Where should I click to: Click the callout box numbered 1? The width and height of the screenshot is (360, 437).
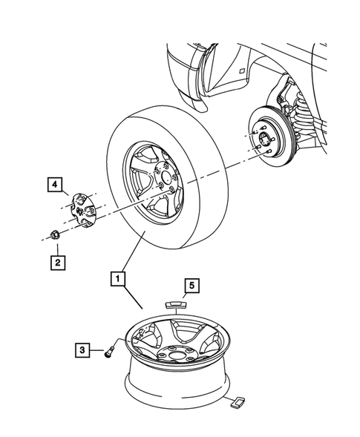(x=117, y=280)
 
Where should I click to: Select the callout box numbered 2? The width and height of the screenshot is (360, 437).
(x=55, y=261)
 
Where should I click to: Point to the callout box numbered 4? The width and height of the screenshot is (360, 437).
(x=55, y=181)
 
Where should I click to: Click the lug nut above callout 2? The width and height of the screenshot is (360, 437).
(x=54, y=235)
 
